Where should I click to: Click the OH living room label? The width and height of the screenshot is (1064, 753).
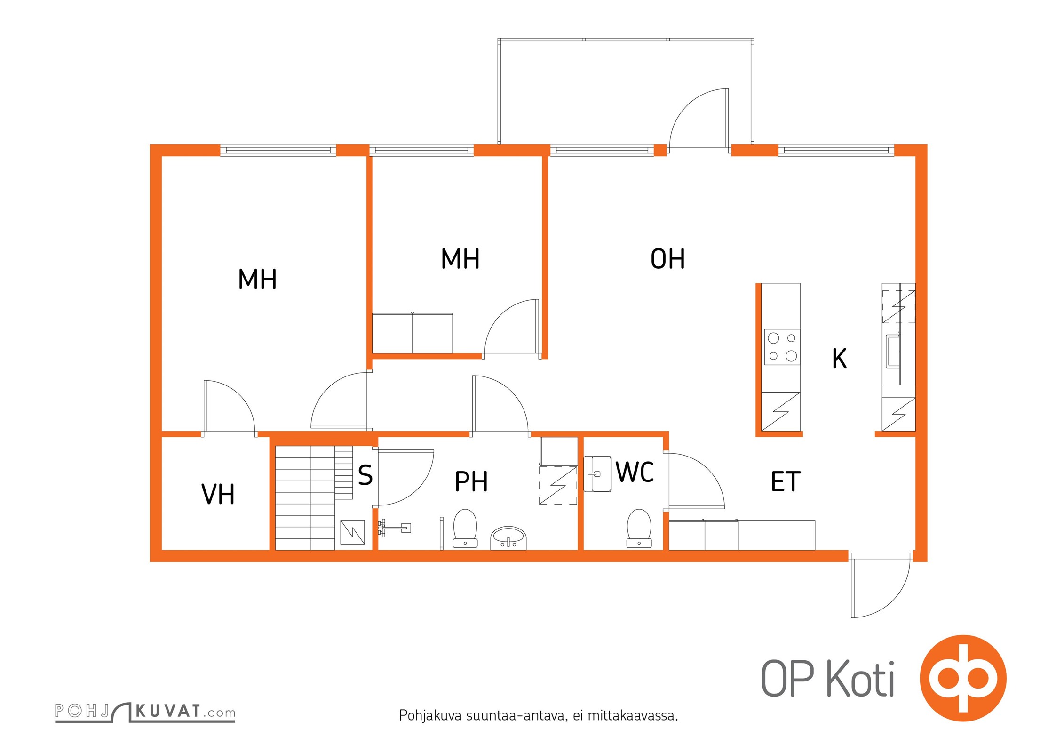click(x=667, y=259)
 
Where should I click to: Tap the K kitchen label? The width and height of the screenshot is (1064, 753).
click(x=840, y=358)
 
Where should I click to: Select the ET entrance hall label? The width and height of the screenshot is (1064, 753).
click(x=786, y=481)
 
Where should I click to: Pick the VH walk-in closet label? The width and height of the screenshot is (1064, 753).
click(x=218, y=494)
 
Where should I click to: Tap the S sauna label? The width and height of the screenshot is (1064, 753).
click(x=365, y=475)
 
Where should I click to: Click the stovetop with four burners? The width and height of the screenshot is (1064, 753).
click(x=782, y=347)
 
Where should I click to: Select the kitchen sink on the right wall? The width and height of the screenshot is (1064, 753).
click(x=893, y=351)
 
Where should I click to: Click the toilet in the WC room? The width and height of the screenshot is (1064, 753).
click(x=639, y=529)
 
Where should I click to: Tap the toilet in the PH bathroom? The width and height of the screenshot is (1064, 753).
click(x=465, y=529)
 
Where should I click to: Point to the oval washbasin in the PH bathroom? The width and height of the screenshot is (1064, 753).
click(x=508, y=538)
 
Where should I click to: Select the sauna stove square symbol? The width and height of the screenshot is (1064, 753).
click(x=352, y=532)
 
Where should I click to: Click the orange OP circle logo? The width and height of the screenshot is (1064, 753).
click(x=963, y=678)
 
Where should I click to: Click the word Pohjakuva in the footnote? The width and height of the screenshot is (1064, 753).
click(x=430, y=716)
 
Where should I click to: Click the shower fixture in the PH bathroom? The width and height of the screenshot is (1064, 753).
click(x=394, y=528)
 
